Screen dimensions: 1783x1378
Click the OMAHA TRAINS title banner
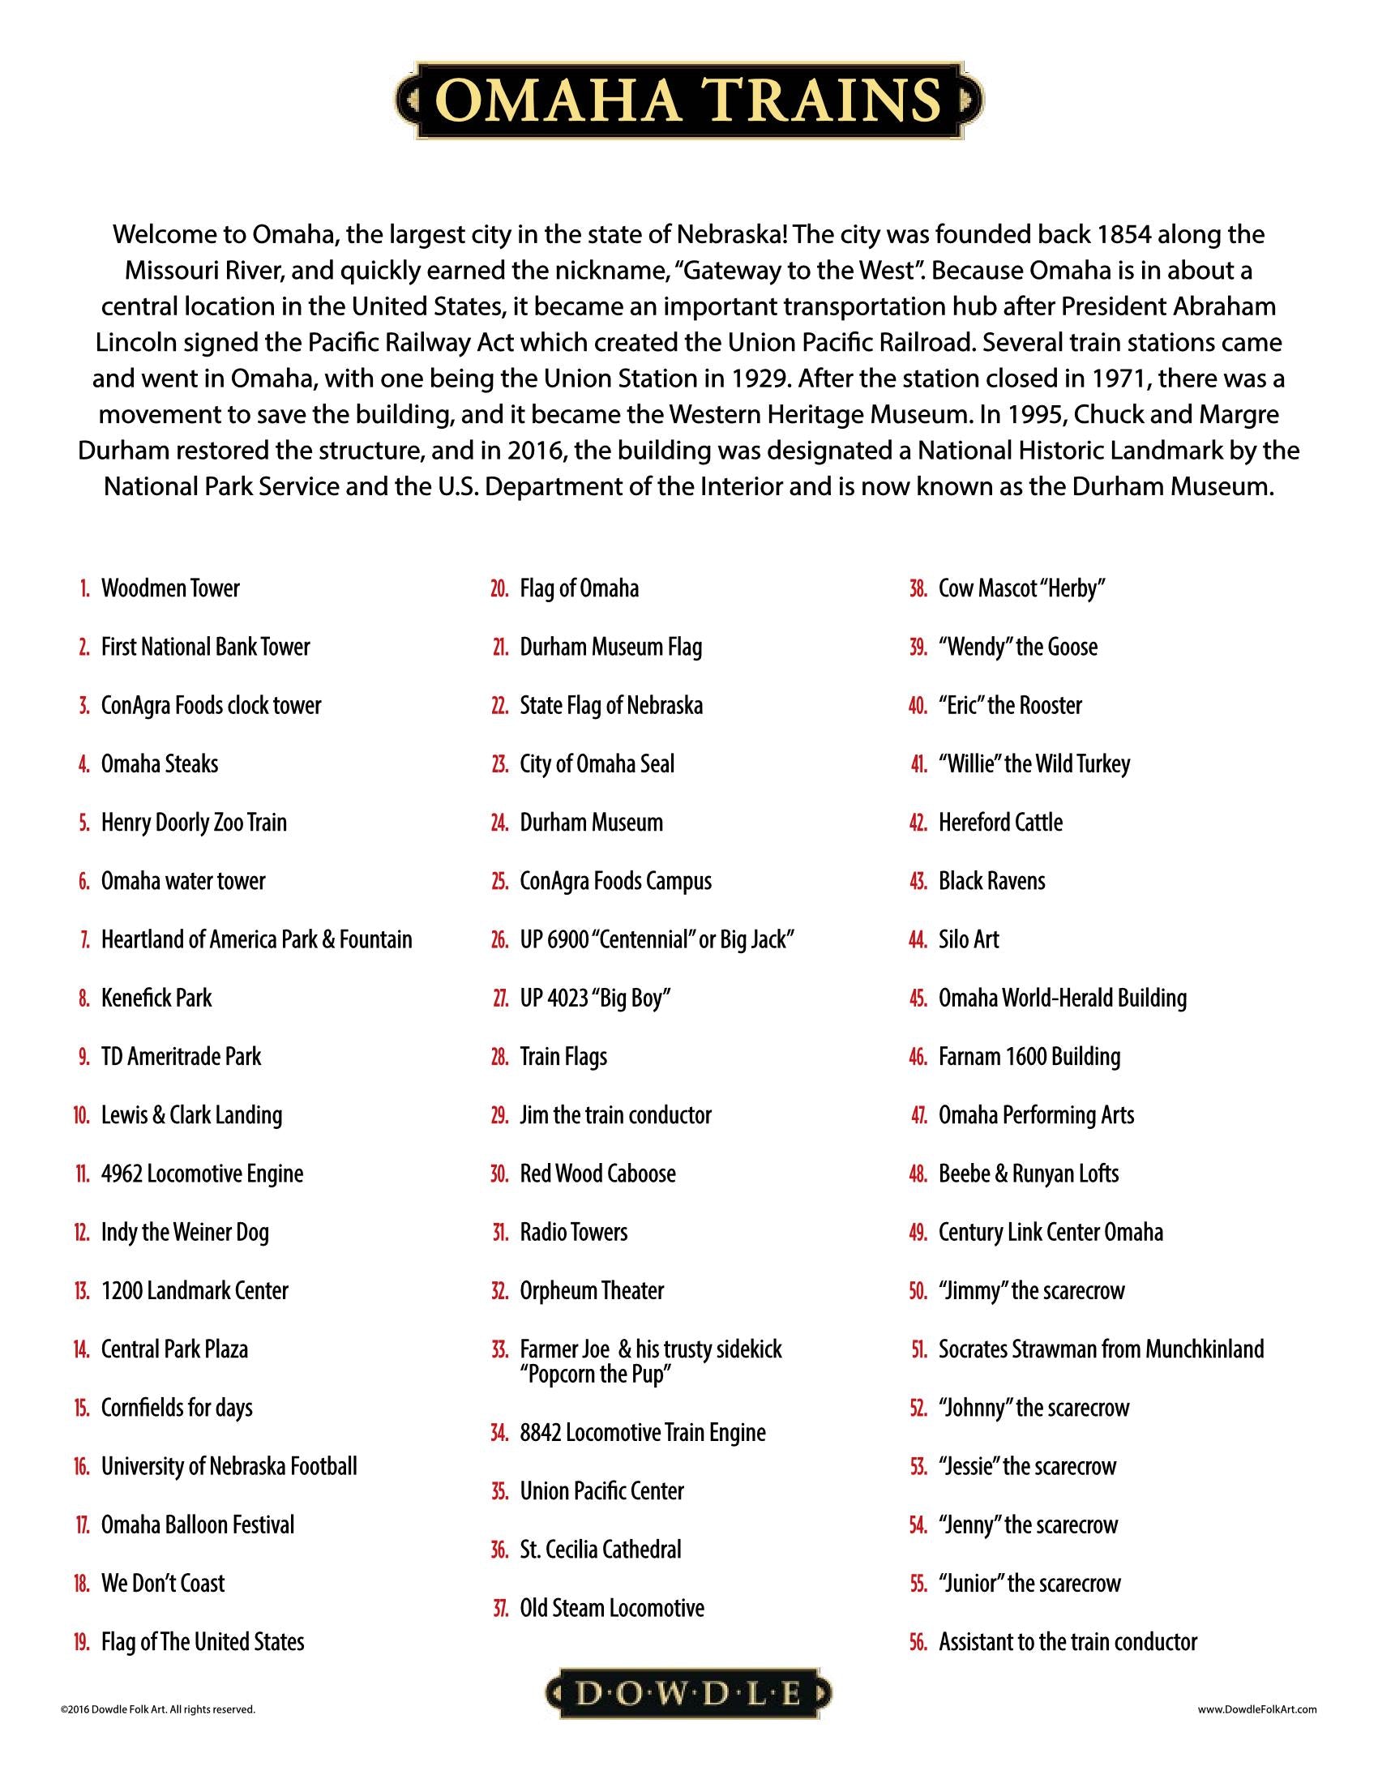coord(689,100)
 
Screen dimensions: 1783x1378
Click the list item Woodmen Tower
coord(169,588)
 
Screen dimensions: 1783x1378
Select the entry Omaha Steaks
coord(159,764)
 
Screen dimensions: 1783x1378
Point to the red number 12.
coord(82,1232)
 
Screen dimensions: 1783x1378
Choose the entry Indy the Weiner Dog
coord(185,1232)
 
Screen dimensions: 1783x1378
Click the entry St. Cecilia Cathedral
coord(600,1550)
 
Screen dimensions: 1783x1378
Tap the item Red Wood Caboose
coord(597,1174)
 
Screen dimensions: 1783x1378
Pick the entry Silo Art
coord(968,939)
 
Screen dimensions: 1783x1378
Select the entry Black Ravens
coord(991,881)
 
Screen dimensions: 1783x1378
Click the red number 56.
coord(918,1642)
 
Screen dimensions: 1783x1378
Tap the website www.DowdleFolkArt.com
coord(1257,1709)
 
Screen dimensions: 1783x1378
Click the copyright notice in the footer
coord(157,1709)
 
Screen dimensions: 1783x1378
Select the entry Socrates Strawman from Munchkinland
coord(1101,1349)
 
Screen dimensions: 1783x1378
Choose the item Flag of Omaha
coord(579,588)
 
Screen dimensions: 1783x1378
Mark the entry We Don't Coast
coord(162,1584)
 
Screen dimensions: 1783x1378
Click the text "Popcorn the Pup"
coord(595,1374)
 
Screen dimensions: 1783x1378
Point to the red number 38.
coord(918,588)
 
